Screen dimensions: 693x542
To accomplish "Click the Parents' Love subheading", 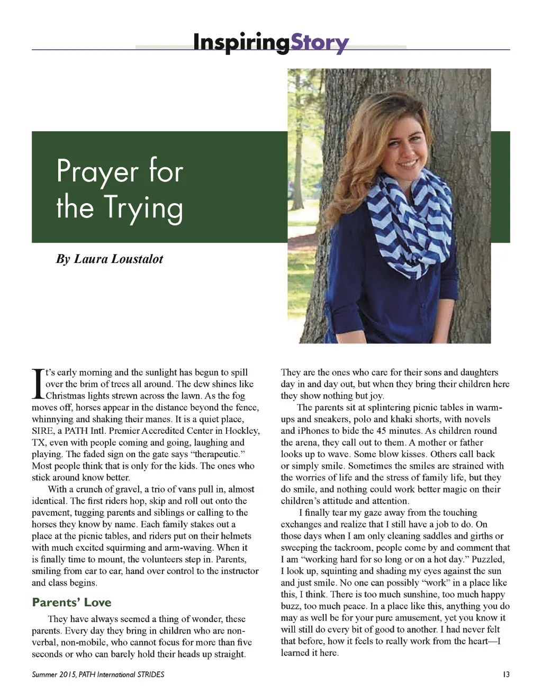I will point(71,603).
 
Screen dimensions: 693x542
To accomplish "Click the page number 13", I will point(506,674).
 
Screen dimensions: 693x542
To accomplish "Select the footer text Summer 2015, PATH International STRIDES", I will point(98,674).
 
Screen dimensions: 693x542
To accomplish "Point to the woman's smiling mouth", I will point(407,164).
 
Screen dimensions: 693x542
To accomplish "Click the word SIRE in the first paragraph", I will point(43,431).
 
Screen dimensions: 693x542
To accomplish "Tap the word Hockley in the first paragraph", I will point(242,431).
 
